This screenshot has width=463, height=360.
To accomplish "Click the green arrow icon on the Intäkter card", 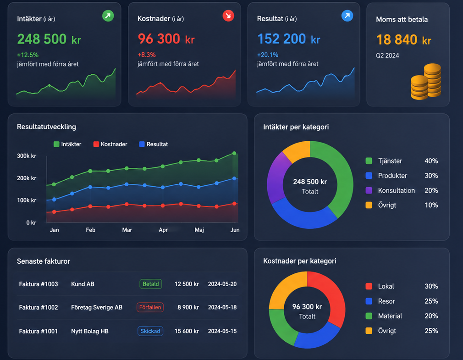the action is pos(108,16).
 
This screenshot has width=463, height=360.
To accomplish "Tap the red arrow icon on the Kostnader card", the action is pos(228,16).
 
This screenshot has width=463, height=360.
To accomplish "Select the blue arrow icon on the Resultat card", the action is pos(347,16).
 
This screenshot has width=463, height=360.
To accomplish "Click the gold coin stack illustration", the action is pos(426,82).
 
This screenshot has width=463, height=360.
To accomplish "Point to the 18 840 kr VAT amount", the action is pos(404,39).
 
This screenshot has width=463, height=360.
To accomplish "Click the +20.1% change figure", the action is pos(268,55).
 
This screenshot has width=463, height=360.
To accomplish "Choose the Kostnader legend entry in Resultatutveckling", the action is pos(110,144).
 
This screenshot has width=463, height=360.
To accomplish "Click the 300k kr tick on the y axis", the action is pos(27,155).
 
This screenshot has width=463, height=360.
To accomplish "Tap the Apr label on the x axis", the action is pos(163,230).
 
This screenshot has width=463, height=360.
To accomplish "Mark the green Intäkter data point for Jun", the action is pos(234,153).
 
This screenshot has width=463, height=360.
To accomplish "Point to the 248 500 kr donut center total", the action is pos(310,182).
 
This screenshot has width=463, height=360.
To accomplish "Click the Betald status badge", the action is pos(151,284).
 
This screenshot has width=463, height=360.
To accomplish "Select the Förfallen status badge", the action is pos(150,307).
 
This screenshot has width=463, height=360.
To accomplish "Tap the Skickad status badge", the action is pos(150,331).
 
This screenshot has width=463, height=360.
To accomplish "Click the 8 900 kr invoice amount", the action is pos(188,307).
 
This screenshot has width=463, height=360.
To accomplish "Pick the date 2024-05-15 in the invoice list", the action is pos(222,331).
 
